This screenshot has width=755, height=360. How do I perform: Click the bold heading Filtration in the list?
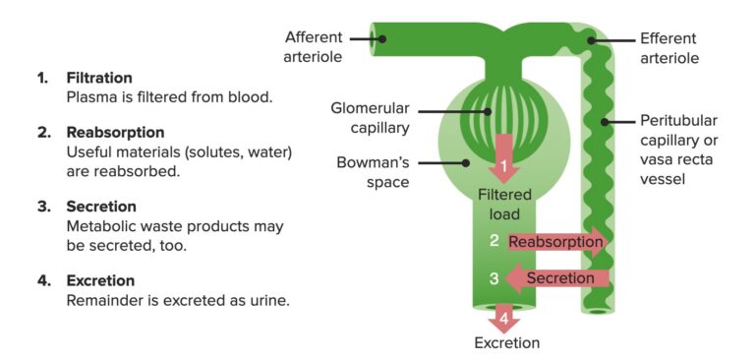[x=98, y=78]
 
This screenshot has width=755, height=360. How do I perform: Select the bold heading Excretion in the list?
[x=98, y=280]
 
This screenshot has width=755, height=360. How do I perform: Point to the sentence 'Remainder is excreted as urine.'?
[x=177, y=300]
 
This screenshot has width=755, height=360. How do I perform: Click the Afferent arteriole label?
[x=314, y=47]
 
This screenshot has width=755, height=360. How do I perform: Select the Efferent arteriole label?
[x=668, y=48]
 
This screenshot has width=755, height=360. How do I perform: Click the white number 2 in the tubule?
[x=494, y=241]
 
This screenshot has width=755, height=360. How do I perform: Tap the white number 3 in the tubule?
[x=494, y=278]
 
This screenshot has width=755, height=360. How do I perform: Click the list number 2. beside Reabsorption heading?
[x=43, y=131]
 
